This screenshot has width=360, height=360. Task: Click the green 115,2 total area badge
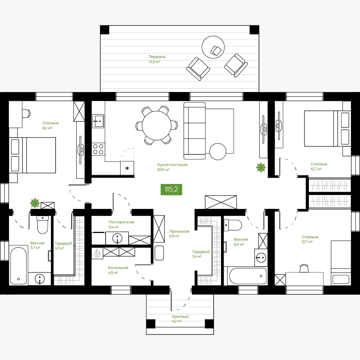(x=171, y=189)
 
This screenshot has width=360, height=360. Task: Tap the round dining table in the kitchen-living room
(x=157, y=126)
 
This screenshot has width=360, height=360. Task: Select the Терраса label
(x=157, y=57)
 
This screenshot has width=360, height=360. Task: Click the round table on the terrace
(x=213, y=47)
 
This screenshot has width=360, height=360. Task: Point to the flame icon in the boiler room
(x=97, y=253)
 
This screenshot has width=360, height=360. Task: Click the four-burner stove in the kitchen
(x=98, y=149)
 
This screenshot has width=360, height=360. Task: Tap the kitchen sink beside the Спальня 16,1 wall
(x=98, y=121)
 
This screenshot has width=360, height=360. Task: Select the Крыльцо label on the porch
(x=180, y=316)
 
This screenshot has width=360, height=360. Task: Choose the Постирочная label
(x=121, y=222)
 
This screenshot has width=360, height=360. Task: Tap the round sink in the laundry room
(x=117, y=238)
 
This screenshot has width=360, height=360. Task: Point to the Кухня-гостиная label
(x=172, y=165)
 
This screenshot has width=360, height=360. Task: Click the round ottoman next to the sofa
(x=218, y=152)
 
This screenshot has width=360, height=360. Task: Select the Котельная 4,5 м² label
(x=118, y=270)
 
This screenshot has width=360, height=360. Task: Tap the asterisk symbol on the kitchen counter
(x=127, y=168)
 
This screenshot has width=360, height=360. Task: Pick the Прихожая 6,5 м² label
(x=179, y=234)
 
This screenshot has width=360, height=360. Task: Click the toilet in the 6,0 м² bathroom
(x=233, y=225)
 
